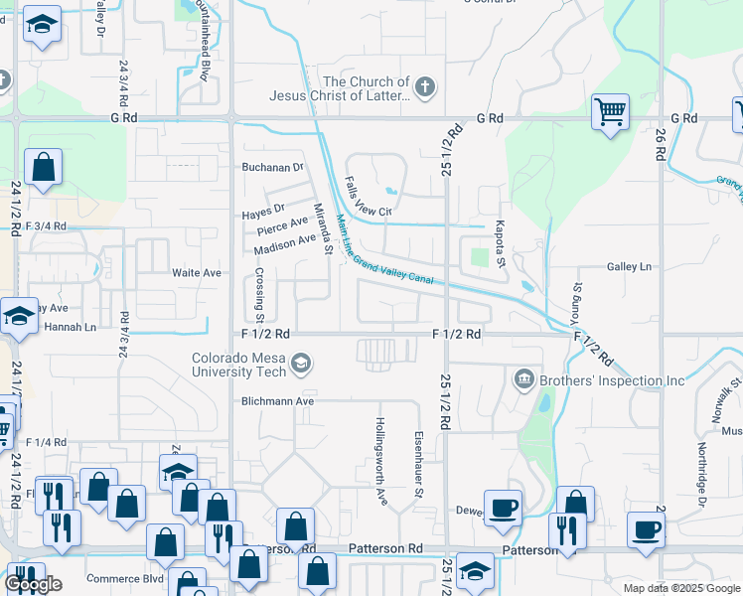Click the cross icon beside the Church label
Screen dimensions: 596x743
[x=425, y=88]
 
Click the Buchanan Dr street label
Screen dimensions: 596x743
[x=272, y=167]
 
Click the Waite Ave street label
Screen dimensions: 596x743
[x=197, y=272]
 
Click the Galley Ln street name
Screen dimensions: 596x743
[x=629, y=266]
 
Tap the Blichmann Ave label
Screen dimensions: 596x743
[x=277, y=401]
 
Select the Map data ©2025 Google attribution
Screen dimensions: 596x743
[x=680, y=588]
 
